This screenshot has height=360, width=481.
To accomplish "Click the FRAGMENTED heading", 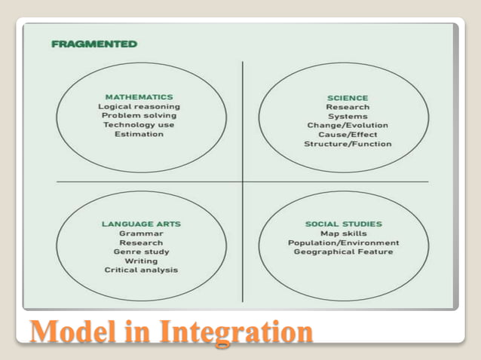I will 94,44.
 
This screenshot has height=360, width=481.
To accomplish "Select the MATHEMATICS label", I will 139,97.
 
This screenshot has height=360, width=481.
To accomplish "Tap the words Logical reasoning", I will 139,106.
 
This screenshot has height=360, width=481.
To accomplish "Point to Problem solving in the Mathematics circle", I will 139,115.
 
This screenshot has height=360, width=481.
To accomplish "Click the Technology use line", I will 139,124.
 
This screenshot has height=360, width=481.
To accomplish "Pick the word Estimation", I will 139,134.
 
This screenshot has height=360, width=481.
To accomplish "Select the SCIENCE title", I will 348,98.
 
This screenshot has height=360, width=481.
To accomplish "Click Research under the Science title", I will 348,107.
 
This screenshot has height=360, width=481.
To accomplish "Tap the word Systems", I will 348,116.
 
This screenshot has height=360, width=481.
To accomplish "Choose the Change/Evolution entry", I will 348,125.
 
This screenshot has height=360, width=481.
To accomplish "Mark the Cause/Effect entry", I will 348,134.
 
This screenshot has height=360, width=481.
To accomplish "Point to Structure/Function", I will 348,143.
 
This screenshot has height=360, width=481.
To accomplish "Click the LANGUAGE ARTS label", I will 141,224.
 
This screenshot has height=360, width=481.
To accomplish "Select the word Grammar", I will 141,233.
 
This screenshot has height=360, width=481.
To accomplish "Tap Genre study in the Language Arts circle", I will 141,252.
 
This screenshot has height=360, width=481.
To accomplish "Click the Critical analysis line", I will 141,270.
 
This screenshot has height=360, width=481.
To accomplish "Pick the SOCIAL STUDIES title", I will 343,224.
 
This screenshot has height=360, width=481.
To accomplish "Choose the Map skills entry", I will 343,233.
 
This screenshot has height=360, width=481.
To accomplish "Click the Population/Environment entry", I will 343,243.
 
